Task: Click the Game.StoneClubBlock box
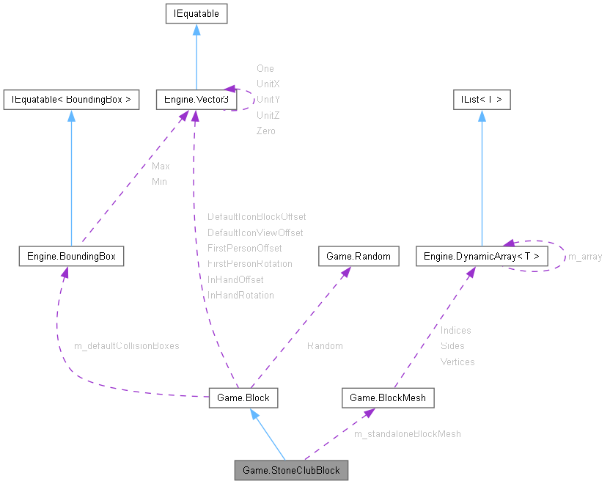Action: tap(291, 470)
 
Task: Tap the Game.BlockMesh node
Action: tap(388, 398)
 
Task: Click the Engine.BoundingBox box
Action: tap(71, 256)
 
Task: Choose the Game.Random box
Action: tap(359, 256)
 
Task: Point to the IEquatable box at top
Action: tap(196, 13)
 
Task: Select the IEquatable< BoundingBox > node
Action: tap(71, 100)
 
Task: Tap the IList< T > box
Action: tap(481, 100)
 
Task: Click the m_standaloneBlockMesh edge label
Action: tap(407, 434)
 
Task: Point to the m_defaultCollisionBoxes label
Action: tap(127, 345)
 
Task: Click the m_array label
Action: tap(585, 257)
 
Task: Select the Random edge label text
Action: tap(325, 345)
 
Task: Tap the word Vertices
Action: tap(457, 362)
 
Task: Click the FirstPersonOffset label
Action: tap(245, 248)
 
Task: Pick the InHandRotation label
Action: tap(240, 295)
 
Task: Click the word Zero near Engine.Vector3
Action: tap(266, 131)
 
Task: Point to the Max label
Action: tap(161, 166)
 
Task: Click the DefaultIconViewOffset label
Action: tap(255, 232)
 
